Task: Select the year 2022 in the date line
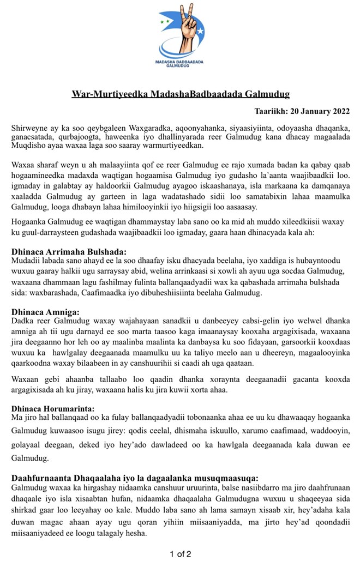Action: (337, 111)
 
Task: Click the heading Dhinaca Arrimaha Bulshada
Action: (69, 252)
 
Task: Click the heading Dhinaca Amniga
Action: (45, 312)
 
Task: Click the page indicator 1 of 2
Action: (180, 554)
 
